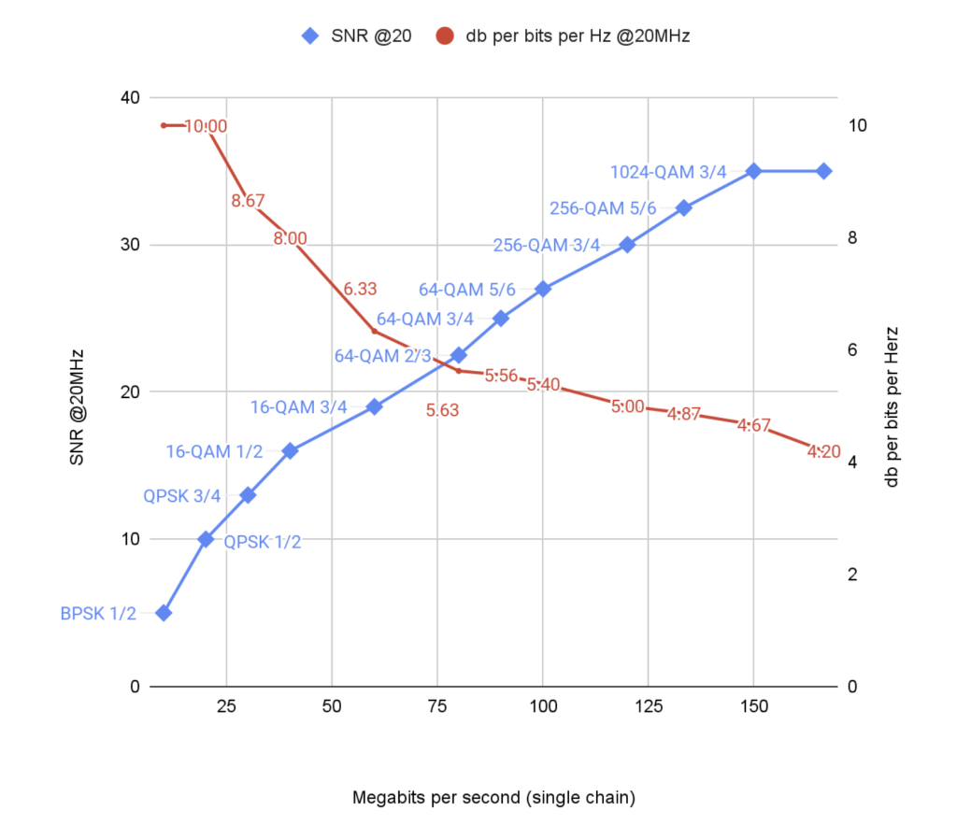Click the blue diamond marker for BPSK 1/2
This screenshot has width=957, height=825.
click(164, 613)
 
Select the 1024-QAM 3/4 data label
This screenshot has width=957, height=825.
click(667, 172)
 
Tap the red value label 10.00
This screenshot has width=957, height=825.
click(205, 126)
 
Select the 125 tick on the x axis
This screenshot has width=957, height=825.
click(648, 706)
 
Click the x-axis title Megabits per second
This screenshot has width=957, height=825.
click(493, 798)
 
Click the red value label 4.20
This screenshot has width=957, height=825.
click(823, 452)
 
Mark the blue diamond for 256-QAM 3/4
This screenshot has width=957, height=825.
click(627, 245)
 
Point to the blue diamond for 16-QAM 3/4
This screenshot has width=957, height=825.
click(374, 406)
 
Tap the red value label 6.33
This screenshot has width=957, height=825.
click(360, 290)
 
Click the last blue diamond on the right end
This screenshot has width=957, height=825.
click(823, 171)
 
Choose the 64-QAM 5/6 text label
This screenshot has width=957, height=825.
click(466, 290)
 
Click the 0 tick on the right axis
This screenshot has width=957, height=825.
click(853, 687)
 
